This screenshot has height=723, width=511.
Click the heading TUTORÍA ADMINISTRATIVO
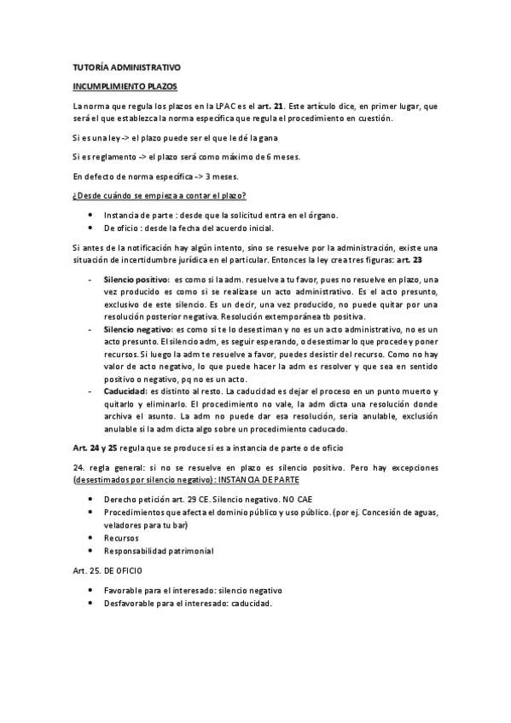click(x=126, y=68)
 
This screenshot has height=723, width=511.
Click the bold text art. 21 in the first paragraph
click(x=343, y=106)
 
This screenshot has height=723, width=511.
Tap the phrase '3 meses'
click(x=221, y=176)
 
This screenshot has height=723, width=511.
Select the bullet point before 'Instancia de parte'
click(x=90, y=215)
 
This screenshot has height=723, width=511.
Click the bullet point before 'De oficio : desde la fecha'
click(x=90, y=228)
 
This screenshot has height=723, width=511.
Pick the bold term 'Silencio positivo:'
click(x=136, y=280)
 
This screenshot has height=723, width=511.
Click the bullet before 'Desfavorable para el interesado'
click(x=90, y=604)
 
